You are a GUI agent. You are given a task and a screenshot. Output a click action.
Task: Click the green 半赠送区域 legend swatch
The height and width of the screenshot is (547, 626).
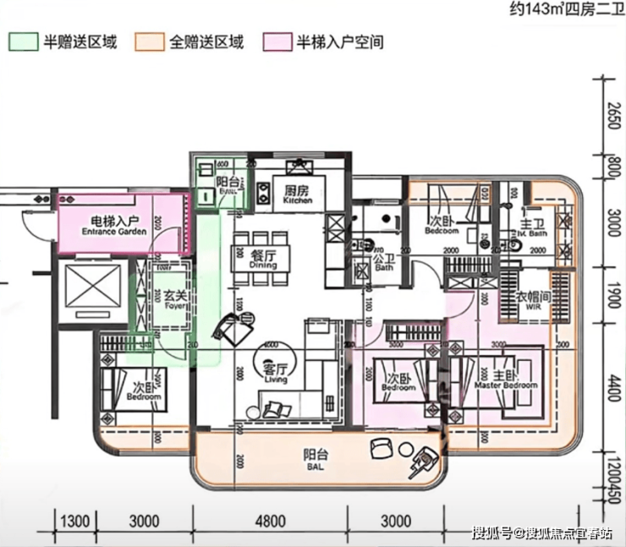pyautogui.click(x=23, y=41)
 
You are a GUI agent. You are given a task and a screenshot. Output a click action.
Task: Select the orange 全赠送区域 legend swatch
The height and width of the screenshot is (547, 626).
pyautogui.click(x=147, y=41)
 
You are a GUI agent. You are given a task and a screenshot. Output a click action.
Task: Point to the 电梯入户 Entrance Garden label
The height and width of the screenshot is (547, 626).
pyautogui.click(x=110, y=225)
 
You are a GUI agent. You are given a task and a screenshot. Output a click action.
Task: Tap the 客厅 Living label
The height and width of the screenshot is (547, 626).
pyautogui.click(x=276, y=374)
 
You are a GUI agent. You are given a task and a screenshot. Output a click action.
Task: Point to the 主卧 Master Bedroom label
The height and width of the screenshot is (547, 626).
pyautogui.click(x=505, y=380)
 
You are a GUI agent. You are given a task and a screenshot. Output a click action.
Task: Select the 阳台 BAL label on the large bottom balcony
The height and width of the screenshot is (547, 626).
pyautogui.click(x=315, y=458)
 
